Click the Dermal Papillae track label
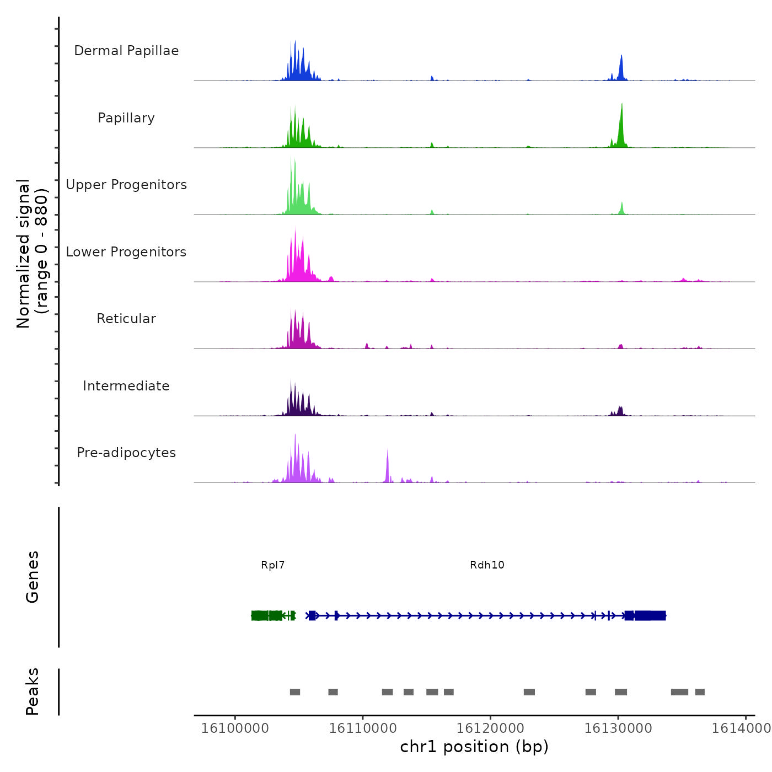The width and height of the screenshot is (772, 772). [x=126, y=51]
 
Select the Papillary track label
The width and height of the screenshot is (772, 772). [x=126, y=118]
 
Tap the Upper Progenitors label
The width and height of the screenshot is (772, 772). [x=126, y=185]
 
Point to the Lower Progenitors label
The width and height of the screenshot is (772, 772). [x=126, y=252]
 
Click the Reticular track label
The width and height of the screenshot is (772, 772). [x=126, y=319]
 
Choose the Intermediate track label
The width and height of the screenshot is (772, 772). [x=126, y=386]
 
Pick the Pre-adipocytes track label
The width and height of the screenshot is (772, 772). [x=126, y=453]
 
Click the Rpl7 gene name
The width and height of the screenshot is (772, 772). [x=273, y=565]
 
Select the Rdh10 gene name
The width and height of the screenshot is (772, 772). [x=487, y=565]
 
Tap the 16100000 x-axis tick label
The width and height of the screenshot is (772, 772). [x=235, y=728]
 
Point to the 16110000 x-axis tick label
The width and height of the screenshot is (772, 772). [x=363, y=728]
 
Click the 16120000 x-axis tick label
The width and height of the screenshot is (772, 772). [x=490, y=728]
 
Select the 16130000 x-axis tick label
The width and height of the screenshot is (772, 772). [x=618, y=728]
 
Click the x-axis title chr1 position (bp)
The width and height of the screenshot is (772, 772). [x=474, y=747]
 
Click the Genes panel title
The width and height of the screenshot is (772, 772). [x=33, y=577]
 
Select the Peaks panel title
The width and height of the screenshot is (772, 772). [x=33, y=691]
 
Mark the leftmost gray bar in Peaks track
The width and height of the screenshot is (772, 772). [x=295, y=692]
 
